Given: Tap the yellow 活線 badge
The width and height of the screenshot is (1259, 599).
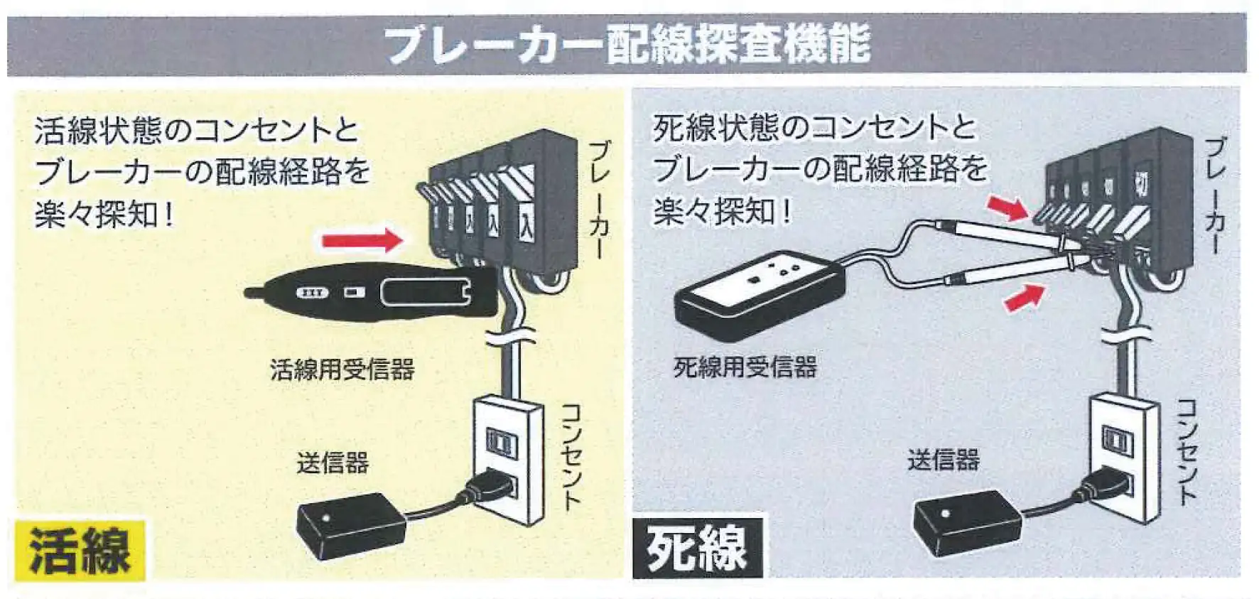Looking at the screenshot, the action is click(79, 550).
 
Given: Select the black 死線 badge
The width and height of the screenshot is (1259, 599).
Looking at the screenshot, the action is click(696, 548).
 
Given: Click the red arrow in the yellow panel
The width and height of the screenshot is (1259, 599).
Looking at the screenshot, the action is click(362, 240).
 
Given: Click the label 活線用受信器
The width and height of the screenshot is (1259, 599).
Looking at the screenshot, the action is click(342, 369).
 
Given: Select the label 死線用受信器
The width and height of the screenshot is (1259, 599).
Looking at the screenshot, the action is click(745, 367).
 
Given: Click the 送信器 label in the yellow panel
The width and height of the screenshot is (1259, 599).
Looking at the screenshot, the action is click(333, 463).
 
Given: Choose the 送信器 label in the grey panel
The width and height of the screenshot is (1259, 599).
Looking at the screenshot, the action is click(944, 460).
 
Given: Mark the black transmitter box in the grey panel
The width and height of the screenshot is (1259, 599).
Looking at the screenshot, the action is click(966, 523).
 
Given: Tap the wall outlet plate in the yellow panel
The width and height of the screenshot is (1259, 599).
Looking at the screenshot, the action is click(507, 460).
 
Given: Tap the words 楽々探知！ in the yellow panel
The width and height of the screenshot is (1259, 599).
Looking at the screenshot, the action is click(104, 214).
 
